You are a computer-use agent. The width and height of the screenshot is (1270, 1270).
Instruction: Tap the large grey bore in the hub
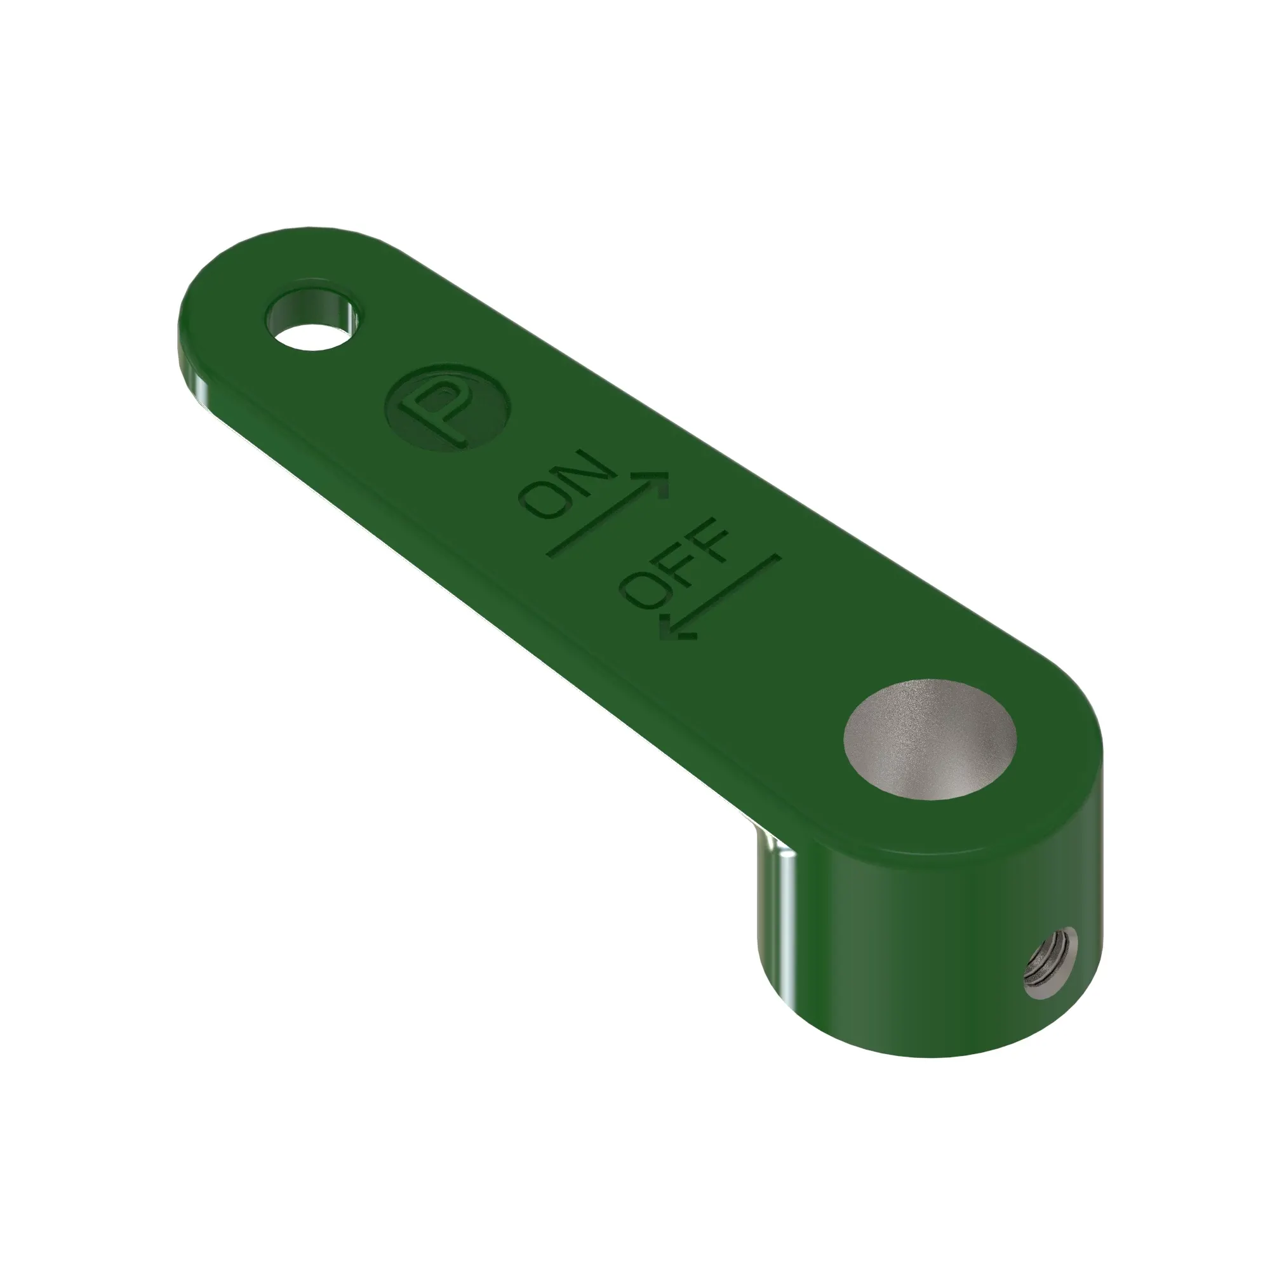tap(930, 740)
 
